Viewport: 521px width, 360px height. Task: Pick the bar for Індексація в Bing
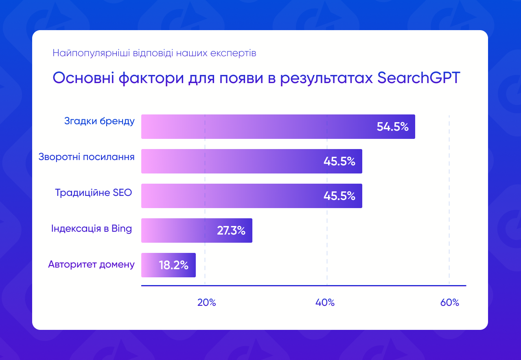point(179,230)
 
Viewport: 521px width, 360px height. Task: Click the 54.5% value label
point(392,127)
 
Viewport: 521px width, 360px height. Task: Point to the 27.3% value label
point(231,231)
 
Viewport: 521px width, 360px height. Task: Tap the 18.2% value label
point(173,266)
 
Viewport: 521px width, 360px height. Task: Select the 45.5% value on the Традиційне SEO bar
point(339,196)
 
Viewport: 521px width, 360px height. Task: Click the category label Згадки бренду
point(99,121)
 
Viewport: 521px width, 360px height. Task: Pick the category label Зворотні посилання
point(86,157)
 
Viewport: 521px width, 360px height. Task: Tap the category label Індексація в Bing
point(92,228)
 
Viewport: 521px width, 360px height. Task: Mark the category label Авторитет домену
point(91,264)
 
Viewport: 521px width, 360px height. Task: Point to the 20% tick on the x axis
point(206,303)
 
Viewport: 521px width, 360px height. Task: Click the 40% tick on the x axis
point(325,303)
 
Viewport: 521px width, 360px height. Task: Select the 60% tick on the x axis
point(449,303)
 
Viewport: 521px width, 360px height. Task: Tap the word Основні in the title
point(83,77)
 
